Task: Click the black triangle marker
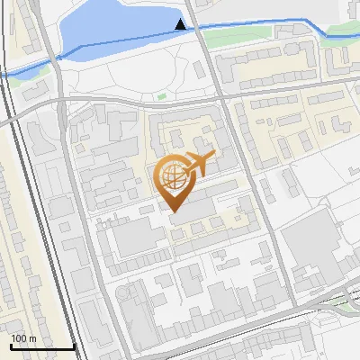pos(181,24)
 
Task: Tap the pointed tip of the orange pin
pos(174,211)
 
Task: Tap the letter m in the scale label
pos(32,338)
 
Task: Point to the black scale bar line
pos(41,346)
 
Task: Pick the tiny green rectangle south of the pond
pos(162,96)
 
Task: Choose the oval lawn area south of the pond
pos(135,76)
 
